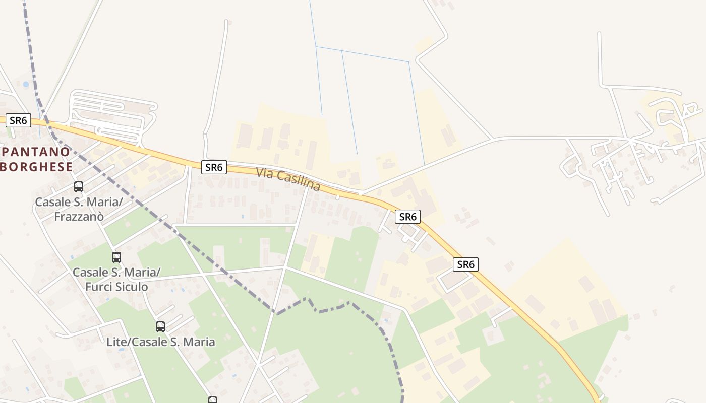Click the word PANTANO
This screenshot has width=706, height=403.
[36, 151]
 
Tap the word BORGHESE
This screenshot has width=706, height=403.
[36, 166]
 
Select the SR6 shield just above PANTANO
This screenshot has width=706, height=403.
[18, 120]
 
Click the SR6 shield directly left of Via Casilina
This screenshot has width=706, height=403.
[214, 167]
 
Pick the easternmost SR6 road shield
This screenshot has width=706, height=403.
[465, 264]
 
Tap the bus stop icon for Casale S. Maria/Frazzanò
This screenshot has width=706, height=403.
[79, 187]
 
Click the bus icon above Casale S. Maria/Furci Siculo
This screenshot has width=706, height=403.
[116, 257]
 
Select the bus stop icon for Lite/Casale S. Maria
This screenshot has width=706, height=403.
[160, 327]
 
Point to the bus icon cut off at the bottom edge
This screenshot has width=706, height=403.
[213, 400]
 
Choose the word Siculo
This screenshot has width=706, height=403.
[131, 287]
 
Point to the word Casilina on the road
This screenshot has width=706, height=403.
[299, 181]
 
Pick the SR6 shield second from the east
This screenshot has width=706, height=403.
[407, 217]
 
